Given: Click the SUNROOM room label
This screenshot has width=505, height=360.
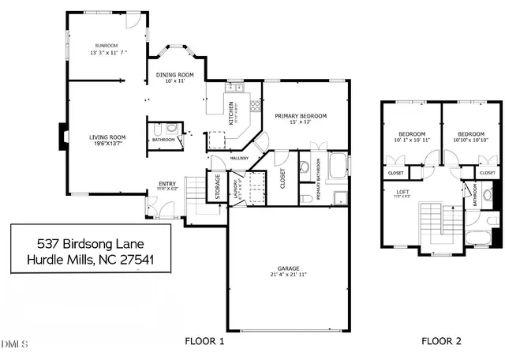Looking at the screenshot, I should pyautogui.click(x=106, y=45).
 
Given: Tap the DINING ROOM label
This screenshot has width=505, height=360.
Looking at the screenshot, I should pyautogui.click(x=174, y=73).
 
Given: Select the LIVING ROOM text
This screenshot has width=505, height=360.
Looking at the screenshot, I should pyautogui.click(x=107, y=137).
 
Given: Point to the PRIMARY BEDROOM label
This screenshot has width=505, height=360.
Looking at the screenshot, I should pyautogui.click(x=301, y=115).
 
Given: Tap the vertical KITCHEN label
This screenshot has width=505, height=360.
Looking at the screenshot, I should pyautogui.click(x=231, y=113).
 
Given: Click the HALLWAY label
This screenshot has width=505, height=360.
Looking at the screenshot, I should pyautogui.click(x=239, y=158).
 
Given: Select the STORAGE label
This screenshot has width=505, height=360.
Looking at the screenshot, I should pyautogui.click(x=217, y=186).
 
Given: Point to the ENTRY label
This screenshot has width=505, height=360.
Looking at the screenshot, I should pyautogui.click(x=166, y=182).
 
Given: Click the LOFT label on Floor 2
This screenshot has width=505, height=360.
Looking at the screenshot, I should pyautogui.click(x=402, y=190).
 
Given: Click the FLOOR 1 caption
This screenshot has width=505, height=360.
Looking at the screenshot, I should pyautogui.click(x=204, y=341).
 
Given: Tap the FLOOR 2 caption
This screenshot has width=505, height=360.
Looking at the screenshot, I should pyautogui.click(x=440, y=341).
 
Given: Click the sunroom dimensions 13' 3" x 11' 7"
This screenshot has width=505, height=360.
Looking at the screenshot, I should pyautogui.click(x=106, y=52).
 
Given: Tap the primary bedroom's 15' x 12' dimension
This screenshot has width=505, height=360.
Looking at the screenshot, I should pyautogui.click(x=301, y=122).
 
